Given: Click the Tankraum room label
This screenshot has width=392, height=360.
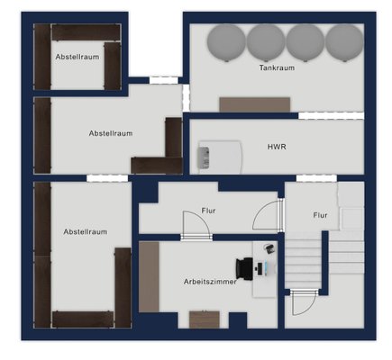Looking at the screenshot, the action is click(277, 67).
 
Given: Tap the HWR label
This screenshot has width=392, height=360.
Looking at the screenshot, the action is click(277, 147).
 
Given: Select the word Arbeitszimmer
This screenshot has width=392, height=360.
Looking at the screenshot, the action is click(210, 282).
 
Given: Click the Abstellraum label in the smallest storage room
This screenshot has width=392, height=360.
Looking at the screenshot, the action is click(77, 57).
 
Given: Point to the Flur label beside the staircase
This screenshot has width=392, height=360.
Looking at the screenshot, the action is click(320, 215).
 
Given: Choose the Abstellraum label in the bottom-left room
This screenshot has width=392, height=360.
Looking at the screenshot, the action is click(86, 231).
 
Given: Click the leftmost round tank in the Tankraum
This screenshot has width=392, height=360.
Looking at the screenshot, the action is click(226, 43).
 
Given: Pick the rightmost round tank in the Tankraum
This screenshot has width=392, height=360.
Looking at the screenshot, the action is click(344, 43).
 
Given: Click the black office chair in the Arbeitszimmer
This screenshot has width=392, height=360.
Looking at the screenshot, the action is click(244, 269).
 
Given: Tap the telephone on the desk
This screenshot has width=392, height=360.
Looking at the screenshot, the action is click(269, 248).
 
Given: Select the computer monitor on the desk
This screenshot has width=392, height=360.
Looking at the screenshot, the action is click(266, 268).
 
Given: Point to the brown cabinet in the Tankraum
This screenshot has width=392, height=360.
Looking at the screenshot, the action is click(255, 104).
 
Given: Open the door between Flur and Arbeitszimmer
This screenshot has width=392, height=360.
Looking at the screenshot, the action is click(196, 225).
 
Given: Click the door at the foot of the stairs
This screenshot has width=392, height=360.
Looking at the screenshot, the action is click(304, 301).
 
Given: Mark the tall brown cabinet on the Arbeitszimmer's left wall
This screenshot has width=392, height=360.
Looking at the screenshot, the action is click(149, 277).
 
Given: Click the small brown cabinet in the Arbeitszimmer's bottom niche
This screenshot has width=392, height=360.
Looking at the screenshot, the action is click(205, 319).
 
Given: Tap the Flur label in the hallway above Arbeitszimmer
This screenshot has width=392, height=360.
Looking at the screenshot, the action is click(208, 211).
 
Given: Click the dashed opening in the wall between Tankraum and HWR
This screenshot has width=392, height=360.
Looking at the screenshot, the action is click(331, 116).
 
